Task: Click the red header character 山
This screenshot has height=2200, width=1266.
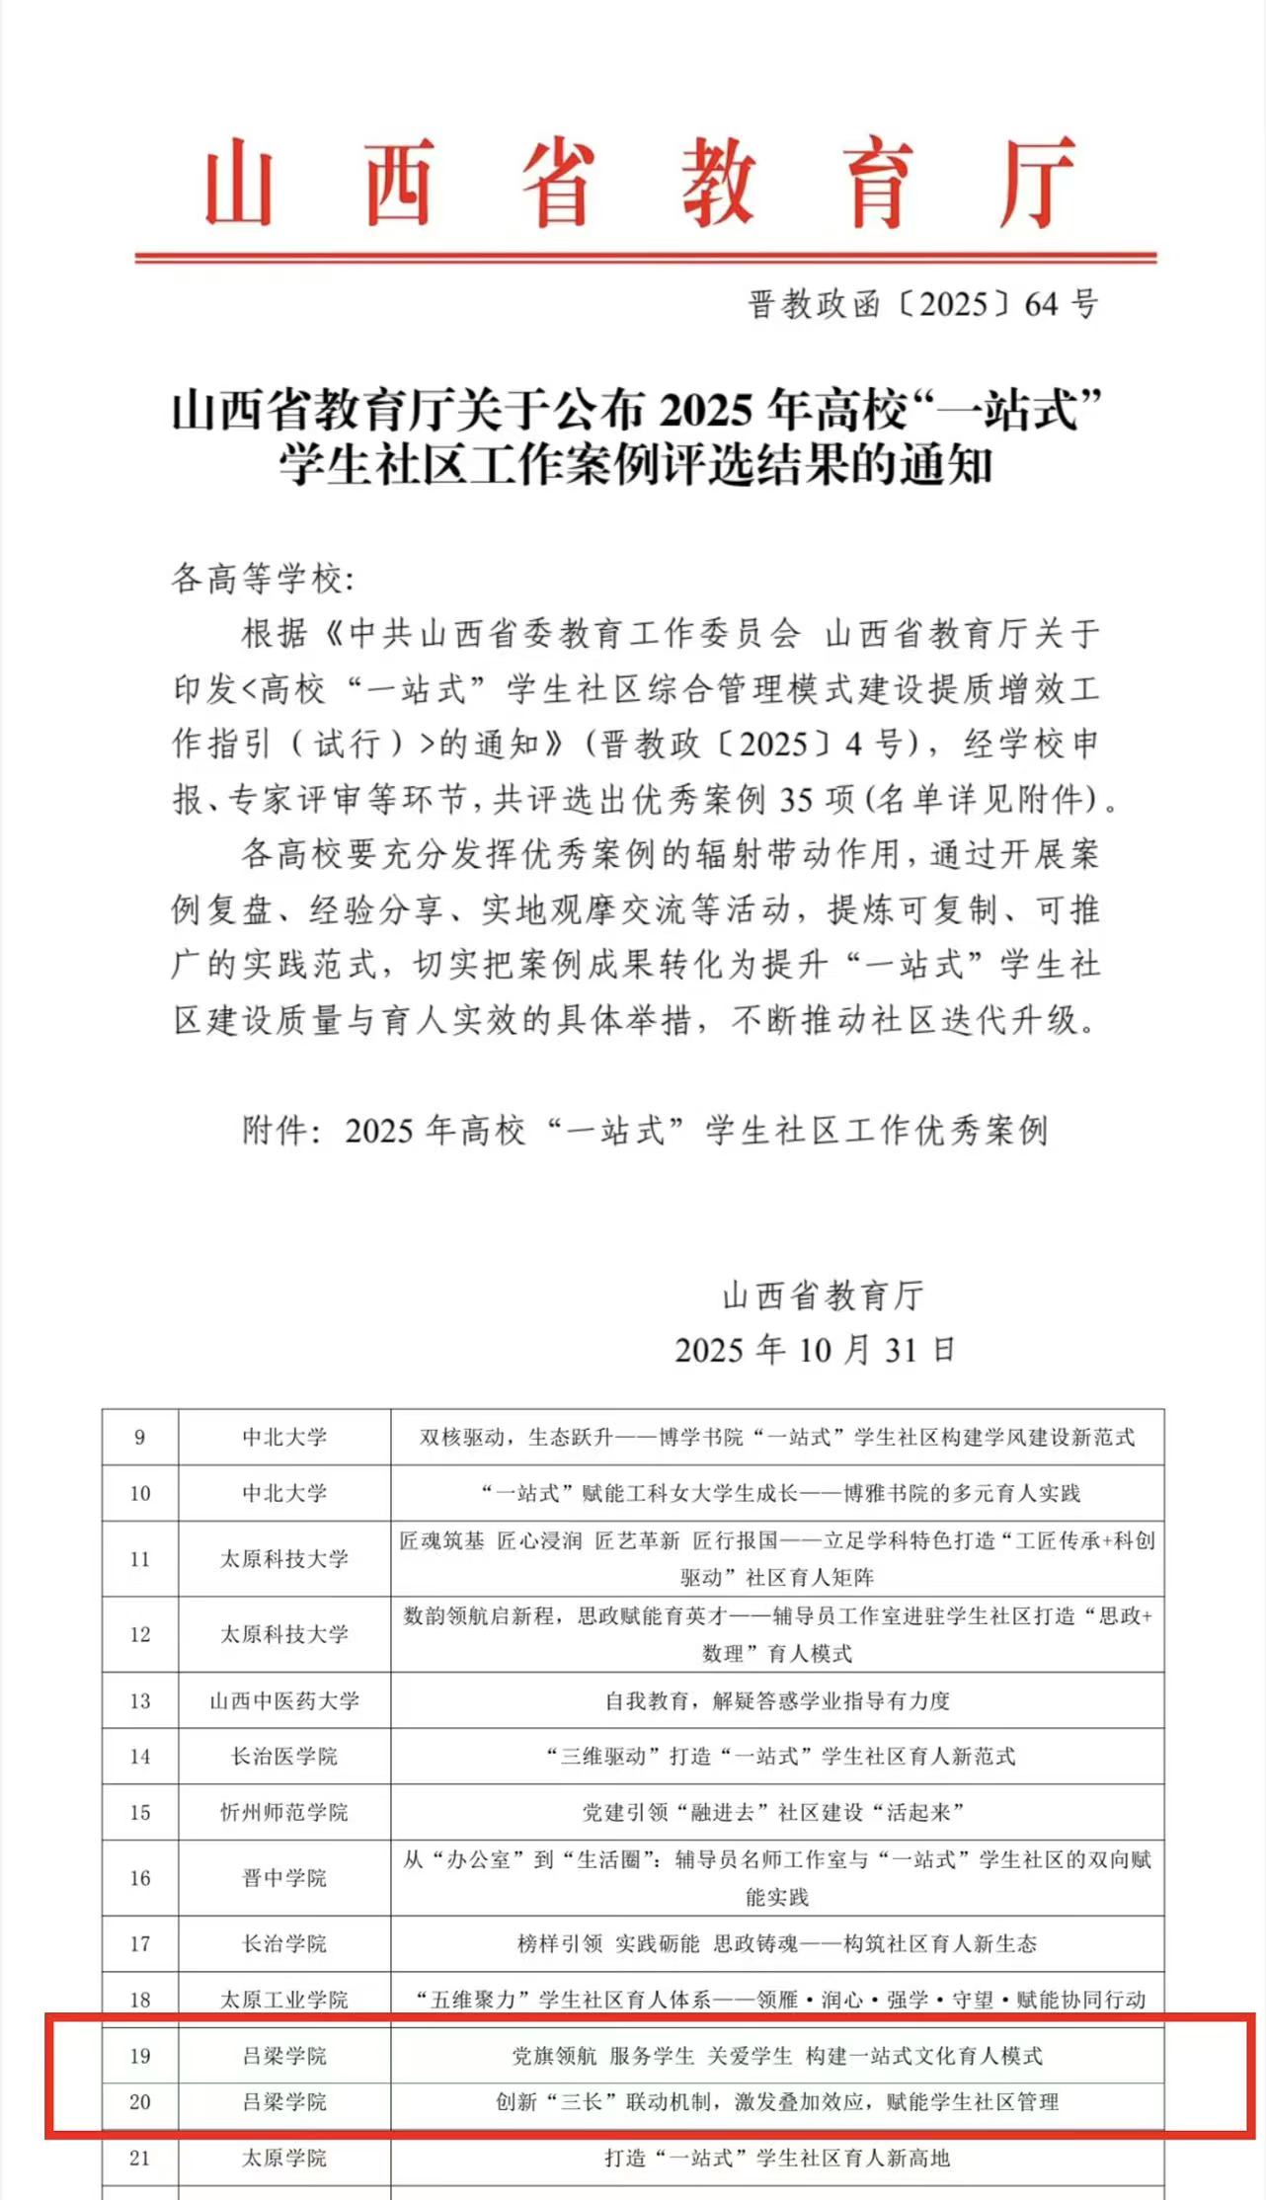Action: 238,184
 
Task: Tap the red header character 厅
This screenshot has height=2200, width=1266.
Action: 1036,184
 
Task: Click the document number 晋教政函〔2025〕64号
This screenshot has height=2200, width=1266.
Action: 922,304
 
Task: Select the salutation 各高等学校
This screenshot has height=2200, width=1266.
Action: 262,578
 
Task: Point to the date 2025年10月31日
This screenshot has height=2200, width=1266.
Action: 815,1349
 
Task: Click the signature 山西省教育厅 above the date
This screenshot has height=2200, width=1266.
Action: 823,1295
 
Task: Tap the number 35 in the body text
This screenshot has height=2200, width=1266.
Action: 800,799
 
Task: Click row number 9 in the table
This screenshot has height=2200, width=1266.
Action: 140,1437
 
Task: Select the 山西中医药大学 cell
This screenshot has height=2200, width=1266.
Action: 284,1700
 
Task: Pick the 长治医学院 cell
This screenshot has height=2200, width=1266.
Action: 284,1756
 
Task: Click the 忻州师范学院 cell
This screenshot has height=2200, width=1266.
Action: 284,1812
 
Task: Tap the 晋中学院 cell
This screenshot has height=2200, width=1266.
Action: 284,1877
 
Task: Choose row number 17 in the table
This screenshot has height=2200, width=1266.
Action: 140,1943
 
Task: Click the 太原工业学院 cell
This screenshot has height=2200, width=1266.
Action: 284,2000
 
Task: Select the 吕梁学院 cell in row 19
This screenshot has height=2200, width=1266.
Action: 284,2055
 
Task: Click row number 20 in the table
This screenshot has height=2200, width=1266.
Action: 140,2101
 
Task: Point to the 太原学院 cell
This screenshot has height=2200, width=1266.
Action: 284,2158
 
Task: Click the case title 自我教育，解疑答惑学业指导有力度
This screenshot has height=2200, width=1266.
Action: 777,1700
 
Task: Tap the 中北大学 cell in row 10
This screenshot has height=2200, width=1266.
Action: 284,1492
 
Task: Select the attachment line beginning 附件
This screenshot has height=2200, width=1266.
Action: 645,1130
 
